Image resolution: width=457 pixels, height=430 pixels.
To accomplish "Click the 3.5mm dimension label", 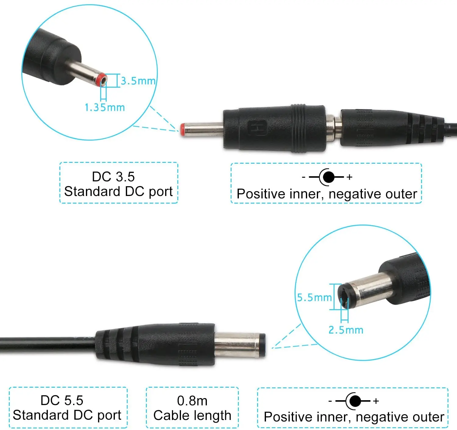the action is (x=138, y=81).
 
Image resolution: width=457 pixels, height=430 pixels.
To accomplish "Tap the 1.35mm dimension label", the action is (x=105, y=107).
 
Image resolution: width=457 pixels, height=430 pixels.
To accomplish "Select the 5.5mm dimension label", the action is (x=314, y=297).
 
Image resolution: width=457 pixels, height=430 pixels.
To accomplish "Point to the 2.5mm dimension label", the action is (x=346, y=330).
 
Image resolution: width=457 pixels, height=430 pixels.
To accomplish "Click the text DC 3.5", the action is (x=113, y=177).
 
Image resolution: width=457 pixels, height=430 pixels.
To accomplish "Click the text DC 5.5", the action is (x=62, y=400).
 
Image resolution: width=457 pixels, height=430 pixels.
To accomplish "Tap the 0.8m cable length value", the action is (x=192, y=401).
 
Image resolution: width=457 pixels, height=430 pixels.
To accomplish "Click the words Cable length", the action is (x=192, y=415).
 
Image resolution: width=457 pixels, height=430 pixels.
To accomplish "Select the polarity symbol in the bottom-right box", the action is (x=354, y=401).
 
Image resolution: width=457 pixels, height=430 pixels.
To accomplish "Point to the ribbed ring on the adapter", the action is (x=298, y=128).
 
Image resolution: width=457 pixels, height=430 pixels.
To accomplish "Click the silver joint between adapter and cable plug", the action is (x=333, y=128).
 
